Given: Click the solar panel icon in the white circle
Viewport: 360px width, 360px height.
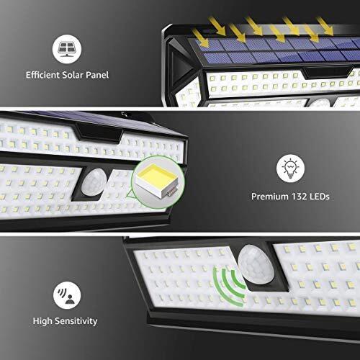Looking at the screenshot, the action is pos(67,49).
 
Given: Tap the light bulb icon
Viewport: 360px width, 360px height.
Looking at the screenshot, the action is pos(290,168).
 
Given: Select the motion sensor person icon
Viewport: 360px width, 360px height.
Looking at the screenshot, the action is pos(66,295).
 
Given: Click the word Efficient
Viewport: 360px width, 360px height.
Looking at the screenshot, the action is pos(42,75).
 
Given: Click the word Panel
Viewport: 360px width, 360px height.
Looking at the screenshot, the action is pos(97,75).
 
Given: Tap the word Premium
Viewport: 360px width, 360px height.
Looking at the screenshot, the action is pos(270,197).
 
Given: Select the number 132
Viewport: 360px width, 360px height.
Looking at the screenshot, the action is pos(299,197).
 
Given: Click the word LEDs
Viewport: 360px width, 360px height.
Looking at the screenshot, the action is pos(320,197).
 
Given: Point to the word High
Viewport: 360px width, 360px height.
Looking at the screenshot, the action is pos(42,321).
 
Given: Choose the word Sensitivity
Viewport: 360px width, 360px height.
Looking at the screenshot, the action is pos(76,321).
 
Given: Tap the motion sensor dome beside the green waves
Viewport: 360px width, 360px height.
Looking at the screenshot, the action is pos(257,264).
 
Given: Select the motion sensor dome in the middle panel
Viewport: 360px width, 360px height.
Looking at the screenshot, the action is pos(94,181).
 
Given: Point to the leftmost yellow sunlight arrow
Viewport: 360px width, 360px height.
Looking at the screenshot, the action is pos(201,37).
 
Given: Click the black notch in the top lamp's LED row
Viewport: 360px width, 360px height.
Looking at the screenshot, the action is pos(327,73).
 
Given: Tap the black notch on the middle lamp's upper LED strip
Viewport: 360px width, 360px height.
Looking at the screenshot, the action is pos(99,134).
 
